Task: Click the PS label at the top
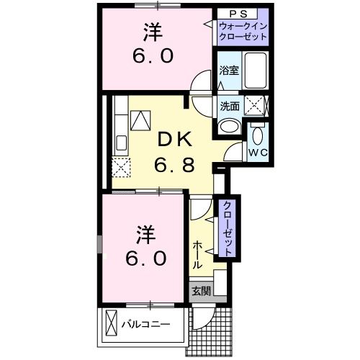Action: click(241, 14)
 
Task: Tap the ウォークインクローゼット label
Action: click(243, 32)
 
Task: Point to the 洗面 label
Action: click(229, 106)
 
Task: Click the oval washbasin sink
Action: click(230, 127)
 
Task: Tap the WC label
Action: click(258, 153)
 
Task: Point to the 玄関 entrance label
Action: click(201, 292)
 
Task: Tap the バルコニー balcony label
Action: click(145, 324)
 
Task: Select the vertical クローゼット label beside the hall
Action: click(226, 229)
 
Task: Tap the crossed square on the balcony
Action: click(111, 323)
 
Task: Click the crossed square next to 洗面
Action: click(255, 105)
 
